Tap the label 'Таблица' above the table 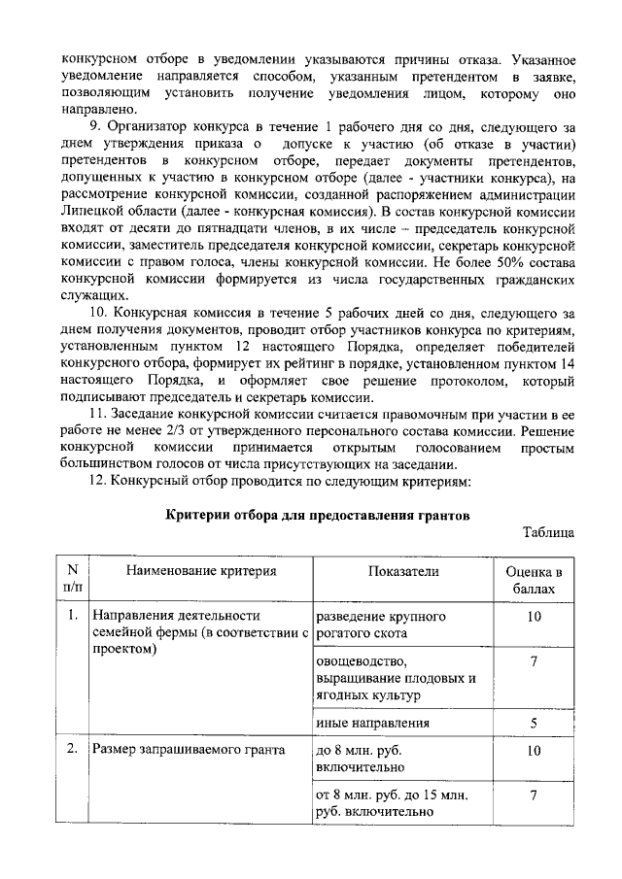[548, 532]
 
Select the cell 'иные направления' [372, 723]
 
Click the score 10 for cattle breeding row [535, 617]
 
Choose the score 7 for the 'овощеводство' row [535, 661]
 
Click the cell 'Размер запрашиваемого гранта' [188, 750]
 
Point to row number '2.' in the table [72, 750]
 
